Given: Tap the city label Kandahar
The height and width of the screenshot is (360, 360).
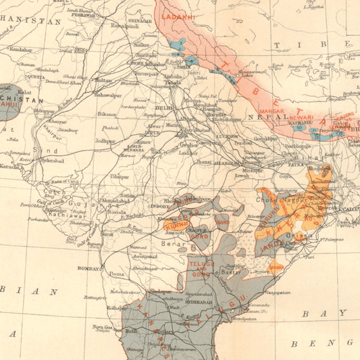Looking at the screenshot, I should point(20,49).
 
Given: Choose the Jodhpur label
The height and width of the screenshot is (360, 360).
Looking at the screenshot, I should point(106,141).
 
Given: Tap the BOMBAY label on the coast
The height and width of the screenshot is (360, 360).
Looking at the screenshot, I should point(89,268).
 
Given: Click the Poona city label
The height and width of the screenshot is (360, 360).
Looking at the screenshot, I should point(116,275).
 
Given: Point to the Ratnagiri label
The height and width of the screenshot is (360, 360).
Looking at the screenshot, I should point(93,297).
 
